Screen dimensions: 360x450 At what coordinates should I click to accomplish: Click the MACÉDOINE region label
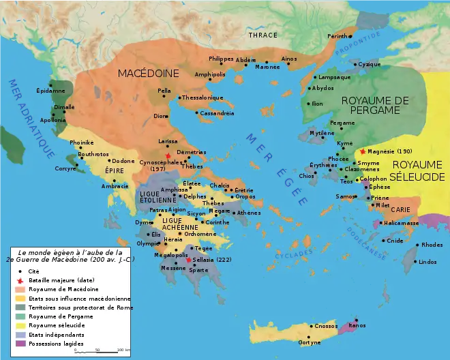[x=148, y=73]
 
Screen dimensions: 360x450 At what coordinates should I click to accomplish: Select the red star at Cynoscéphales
[x=168, y=155]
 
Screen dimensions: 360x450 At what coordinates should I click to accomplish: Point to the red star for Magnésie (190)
[x=363, y=151]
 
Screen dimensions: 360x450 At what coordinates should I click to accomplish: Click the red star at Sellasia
[x=188, y=260]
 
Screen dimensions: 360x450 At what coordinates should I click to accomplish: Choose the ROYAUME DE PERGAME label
[x=375, y=105]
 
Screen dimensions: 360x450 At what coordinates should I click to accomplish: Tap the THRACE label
[x=262, y=35]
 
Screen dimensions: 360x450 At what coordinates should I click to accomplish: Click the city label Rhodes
[x=432, y=245]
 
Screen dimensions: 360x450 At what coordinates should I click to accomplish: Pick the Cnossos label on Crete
[x=326, y=327]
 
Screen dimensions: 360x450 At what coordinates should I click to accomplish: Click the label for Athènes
[x=249, y=213]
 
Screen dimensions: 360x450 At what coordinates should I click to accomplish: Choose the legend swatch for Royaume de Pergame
[x=18, y=316]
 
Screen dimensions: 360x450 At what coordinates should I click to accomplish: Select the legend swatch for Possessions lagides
[x=18, y=343]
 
